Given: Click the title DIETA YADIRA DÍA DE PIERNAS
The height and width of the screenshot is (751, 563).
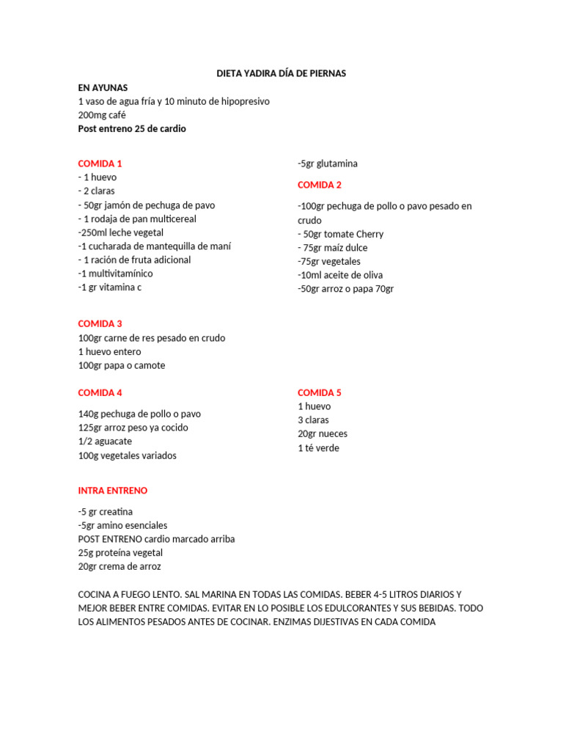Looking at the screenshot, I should tap(281, 73).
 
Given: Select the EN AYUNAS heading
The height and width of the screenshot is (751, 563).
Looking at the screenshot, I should tap(103, 87).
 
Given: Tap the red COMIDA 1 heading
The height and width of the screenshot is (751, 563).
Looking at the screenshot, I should tap(100, 164).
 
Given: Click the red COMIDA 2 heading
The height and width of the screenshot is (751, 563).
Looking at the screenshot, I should tap(320, 185).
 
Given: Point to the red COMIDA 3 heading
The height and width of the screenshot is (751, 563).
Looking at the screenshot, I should tap(100, 323).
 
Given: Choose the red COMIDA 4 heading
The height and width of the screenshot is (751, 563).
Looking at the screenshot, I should tap(100, 392).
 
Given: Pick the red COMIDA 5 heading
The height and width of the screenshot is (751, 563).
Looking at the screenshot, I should tap(320, 392).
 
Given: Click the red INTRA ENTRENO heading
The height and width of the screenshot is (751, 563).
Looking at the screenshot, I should tap(113, 490).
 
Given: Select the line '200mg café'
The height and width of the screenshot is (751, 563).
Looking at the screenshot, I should tap(102, 115).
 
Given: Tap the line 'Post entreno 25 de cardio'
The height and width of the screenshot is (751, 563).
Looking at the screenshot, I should tap(132, 128).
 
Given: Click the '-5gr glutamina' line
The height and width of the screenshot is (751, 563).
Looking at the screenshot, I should tap(328, 164).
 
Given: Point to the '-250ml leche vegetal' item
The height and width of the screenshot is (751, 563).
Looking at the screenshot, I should tap(121, 232).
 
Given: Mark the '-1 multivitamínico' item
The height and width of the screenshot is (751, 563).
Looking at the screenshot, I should tap(116, 274).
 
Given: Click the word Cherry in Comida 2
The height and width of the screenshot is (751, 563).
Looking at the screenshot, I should tap(369, 234).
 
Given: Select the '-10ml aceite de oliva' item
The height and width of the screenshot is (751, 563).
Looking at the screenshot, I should tap(340, 275).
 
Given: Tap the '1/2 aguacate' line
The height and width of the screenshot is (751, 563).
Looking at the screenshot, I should tap(105, 442).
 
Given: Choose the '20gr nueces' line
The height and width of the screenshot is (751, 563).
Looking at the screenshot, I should tap(323, 433).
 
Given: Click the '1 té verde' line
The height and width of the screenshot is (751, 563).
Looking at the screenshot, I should tap(318, 448).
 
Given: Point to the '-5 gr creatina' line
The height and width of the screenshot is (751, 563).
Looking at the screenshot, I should tap(106, 511).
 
